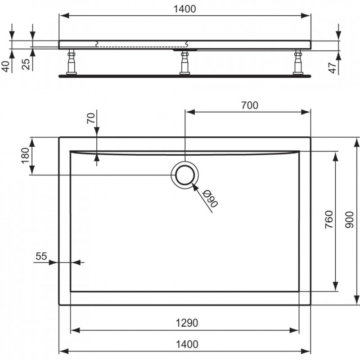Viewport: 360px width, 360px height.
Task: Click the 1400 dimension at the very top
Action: click(184, 9)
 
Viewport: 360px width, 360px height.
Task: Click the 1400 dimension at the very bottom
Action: click(187, 344)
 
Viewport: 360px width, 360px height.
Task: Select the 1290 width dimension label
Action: click(187, 323)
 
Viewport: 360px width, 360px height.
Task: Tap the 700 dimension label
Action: click(250, 105)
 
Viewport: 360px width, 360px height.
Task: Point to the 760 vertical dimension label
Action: click(329, 220)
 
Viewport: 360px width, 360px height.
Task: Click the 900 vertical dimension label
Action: click(349, 220)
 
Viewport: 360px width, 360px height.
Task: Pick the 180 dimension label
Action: click(25, 155)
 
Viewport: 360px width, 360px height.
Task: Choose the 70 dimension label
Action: click(91, 118)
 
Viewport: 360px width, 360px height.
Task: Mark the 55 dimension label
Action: click(41, 256)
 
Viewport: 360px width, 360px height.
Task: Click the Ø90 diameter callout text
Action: click(210, 198)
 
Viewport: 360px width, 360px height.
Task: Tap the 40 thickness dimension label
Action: click(7, 67)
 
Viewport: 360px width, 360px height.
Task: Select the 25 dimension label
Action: click(26, 64)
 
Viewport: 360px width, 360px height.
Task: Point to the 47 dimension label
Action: click(333, 68)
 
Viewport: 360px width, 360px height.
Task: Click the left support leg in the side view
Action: click(72, 62)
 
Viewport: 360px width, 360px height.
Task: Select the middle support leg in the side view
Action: click(185, 62)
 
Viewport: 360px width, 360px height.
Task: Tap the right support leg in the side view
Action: click(298, 62)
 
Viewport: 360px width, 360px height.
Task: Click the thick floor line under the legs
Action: click(185, 76)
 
